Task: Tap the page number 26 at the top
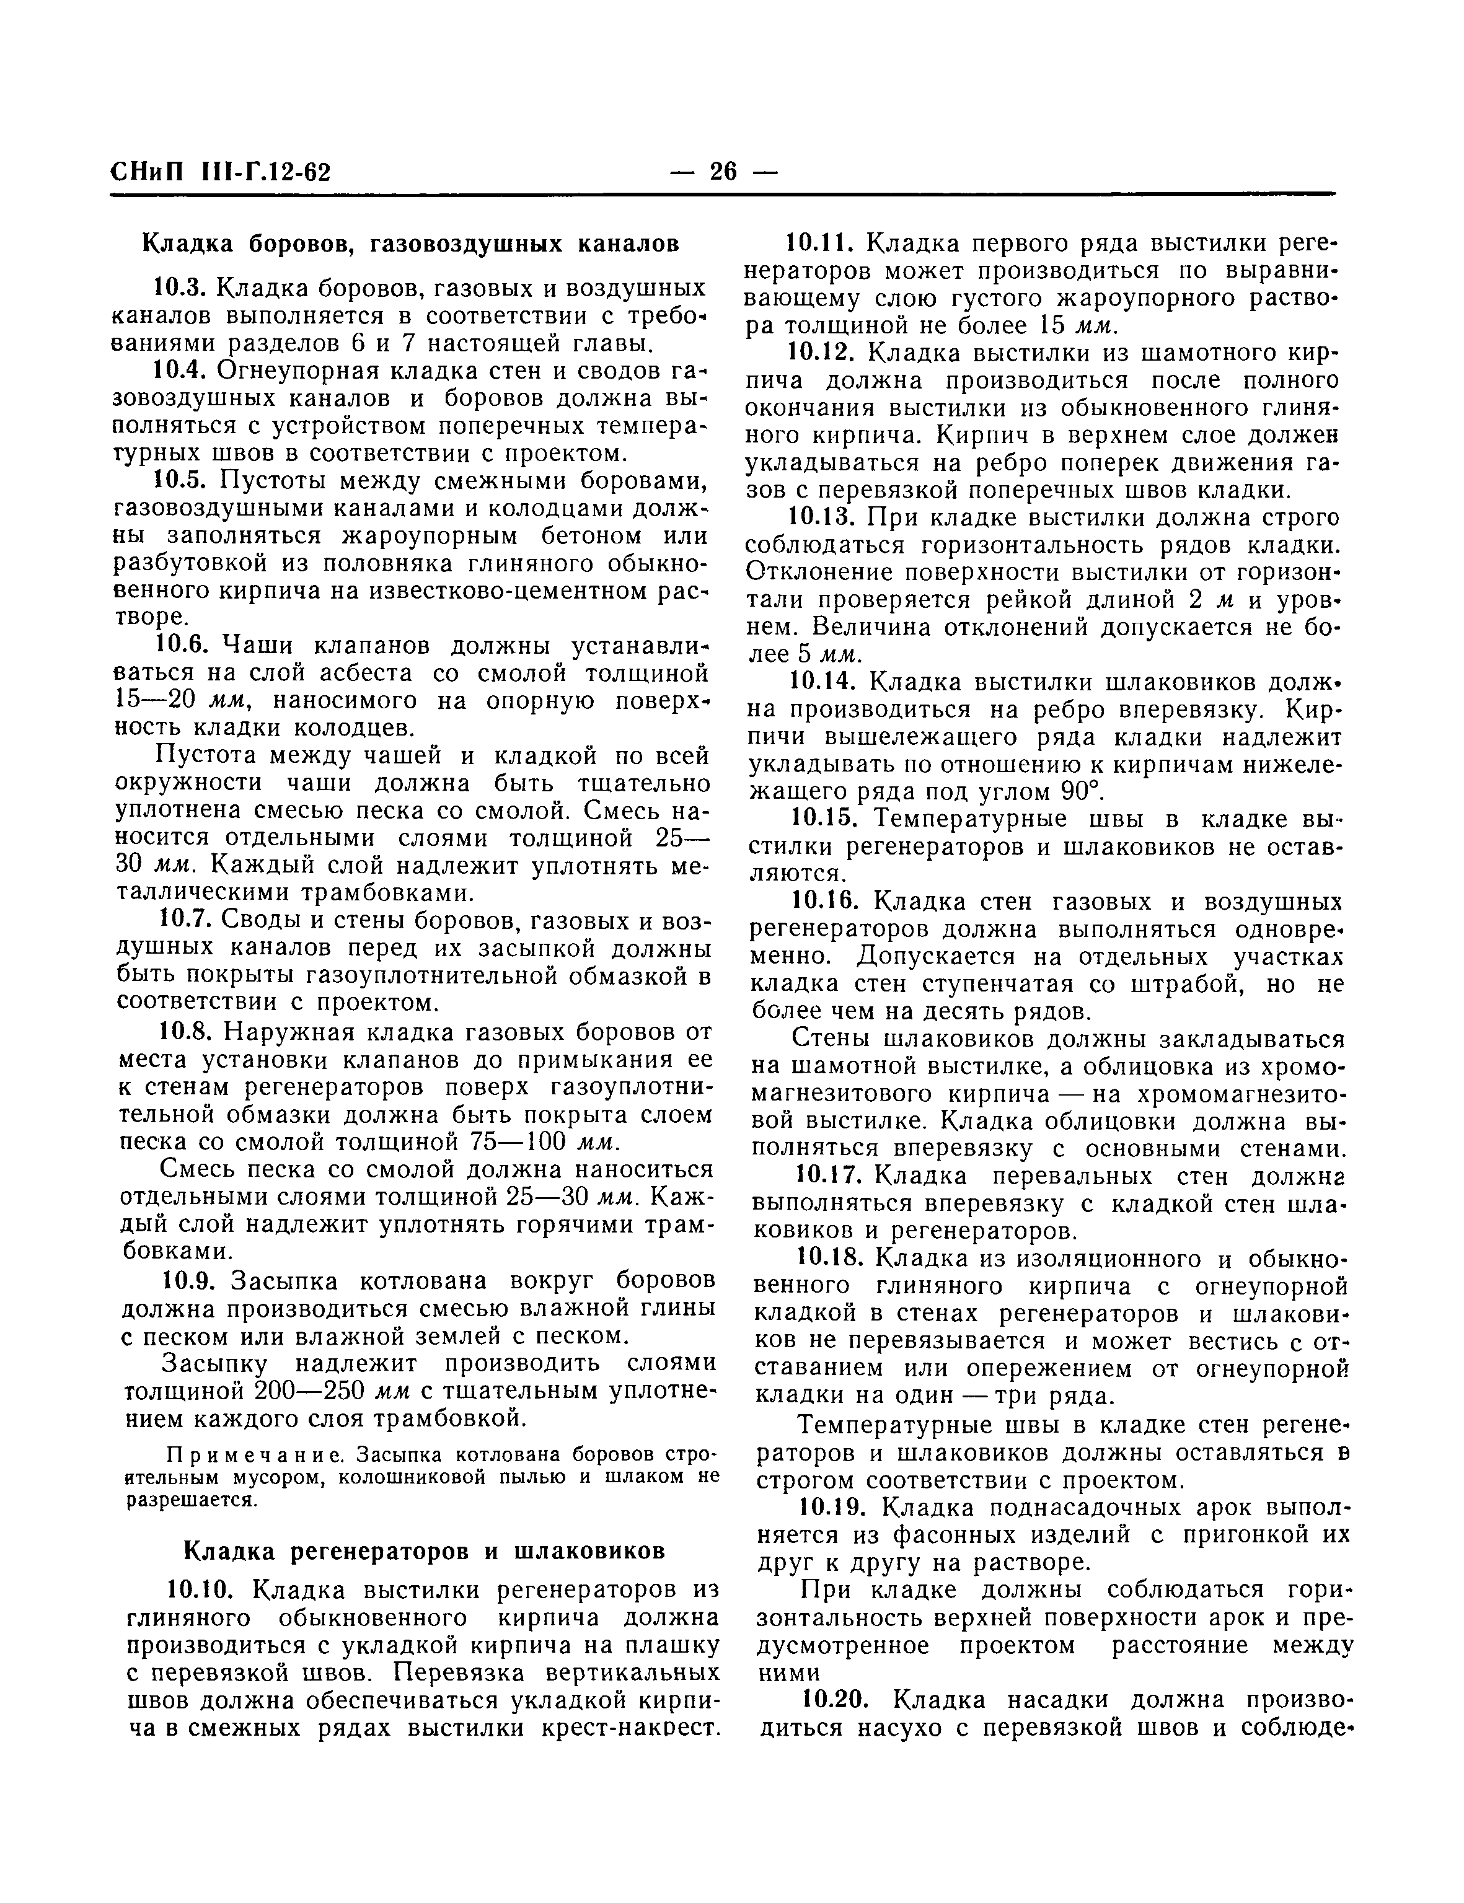[723, 172]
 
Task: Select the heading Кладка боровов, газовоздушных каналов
[410, 244]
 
